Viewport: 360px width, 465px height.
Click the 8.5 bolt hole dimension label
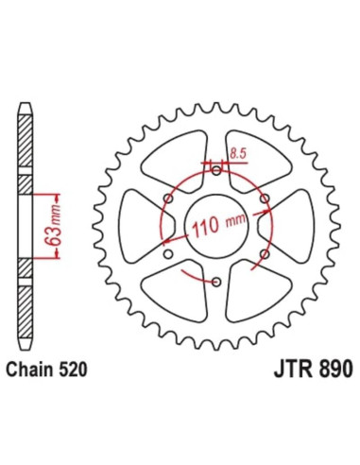pos(237,154)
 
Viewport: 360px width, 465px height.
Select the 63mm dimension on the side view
pos(52,226)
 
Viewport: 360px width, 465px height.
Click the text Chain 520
pos(46,370)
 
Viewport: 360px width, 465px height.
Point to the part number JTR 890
pos(313,369)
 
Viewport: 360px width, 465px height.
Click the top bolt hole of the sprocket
pos(216,171)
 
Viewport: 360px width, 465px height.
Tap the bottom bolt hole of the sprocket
pos(216,282)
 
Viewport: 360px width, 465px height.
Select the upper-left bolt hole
pos(168,198)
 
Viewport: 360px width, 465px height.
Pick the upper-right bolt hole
pos(266,198)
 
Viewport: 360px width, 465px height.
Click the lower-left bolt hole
pos(168,253)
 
